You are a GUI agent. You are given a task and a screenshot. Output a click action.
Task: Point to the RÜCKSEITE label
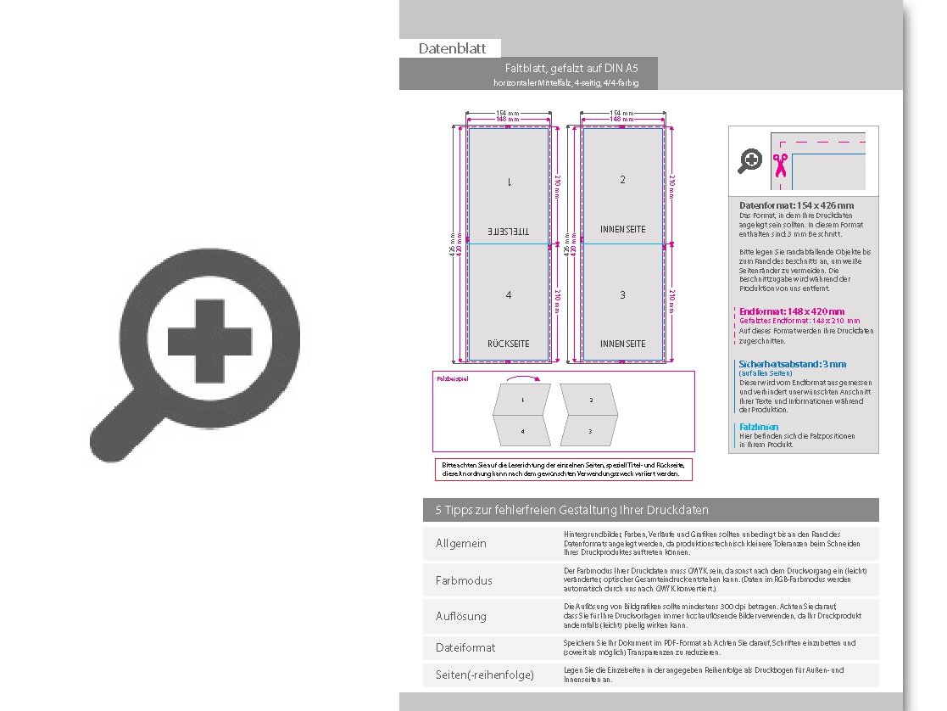508,344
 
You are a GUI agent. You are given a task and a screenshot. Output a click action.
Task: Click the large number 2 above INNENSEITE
622,180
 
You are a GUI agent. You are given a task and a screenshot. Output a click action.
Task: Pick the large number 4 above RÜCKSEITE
508,295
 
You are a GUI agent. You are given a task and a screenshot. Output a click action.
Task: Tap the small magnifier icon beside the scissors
750,160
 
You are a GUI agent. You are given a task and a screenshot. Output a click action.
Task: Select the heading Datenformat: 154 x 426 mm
796,205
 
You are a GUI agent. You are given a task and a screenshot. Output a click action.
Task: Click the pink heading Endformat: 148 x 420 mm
792,311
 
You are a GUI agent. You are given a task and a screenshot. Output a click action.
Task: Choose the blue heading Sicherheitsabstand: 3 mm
792,364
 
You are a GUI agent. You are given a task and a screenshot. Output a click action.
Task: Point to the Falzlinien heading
759,427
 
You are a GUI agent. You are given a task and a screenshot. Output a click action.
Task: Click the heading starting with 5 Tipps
571,510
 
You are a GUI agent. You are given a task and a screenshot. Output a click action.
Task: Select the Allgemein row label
461,543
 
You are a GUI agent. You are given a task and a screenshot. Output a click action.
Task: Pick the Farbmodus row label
464,580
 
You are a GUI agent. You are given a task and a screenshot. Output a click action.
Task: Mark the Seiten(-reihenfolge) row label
485,675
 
